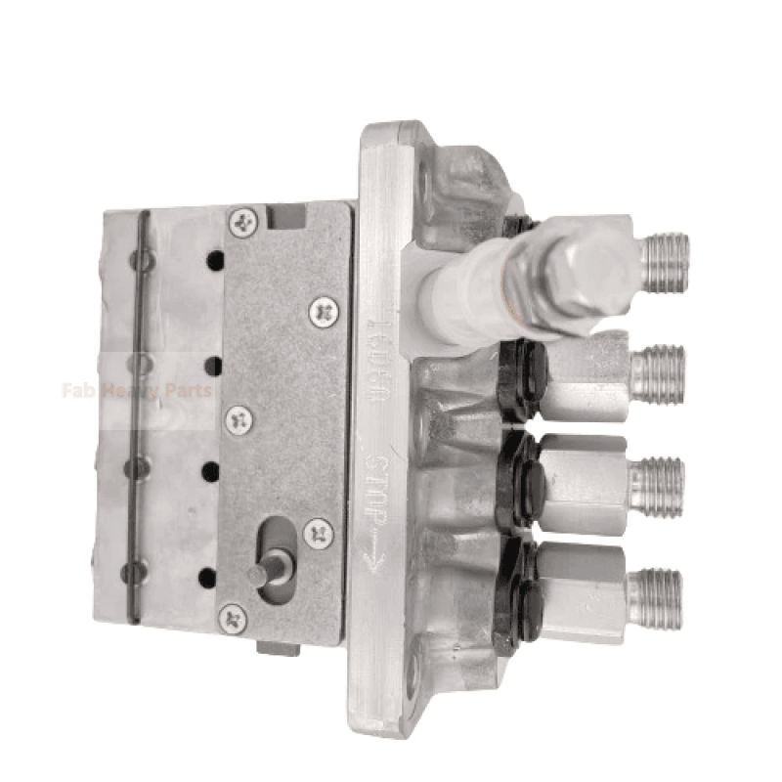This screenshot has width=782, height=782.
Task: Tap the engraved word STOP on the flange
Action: pos(380,481)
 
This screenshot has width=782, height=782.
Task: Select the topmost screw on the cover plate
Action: pos(241,221)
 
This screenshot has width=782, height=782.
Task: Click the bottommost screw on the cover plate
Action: pos(233,617)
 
